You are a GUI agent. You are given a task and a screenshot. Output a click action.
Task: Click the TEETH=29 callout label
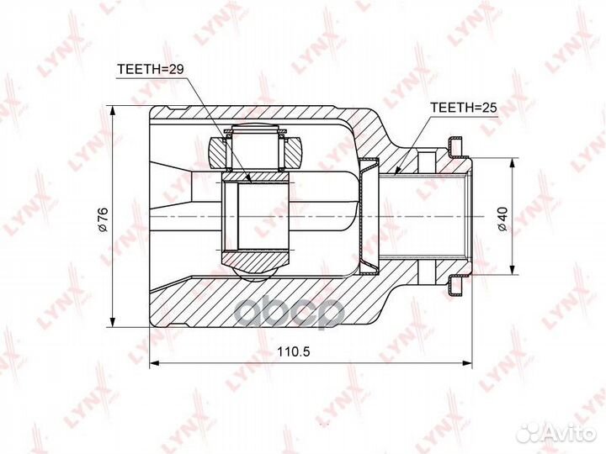(x=150, y=69)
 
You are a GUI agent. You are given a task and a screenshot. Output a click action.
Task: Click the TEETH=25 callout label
(x=464, y=108)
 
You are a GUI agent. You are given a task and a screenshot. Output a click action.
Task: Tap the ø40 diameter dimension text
(x=502, y=219)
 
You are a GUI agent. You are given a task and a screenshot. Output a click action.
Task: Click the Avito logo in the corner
(x=557, y=433)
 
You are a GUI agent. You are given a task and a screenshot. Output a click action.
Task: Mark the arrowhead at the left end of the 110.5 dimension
(x=154, y=363)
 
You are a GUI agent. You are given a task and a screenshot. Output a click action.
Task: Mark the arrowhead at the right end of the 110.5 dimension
(x=467, y=363)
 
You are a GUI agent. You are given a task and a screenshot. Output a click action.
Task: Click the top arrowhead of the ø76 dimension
(x=113, y=110)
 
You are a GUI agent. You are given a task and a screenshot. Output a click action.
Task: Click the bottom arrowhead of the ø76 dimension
(x=113, y=322)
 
